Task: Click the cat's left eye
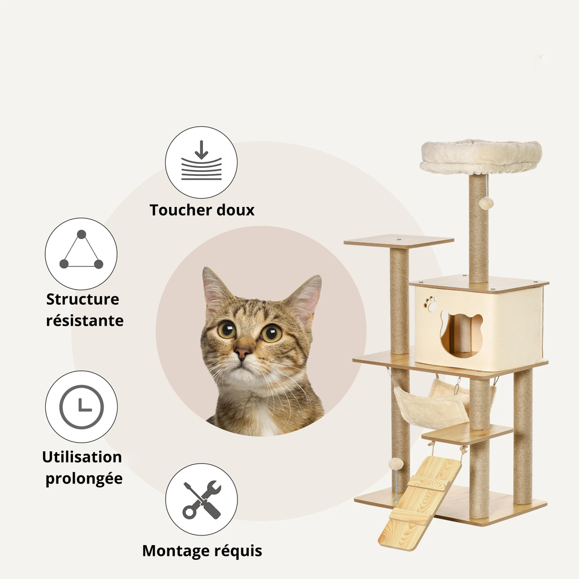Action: [x=227, y=329]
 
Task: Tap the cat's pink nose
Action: [x=243, y=353]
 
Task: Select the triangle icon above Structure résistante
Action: [x=81, y=253]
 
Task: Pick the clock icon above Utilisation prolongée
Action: [x=81, y=407]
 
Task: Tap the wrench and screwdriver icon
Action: [x=201, y=499]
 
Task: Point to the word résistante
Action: [x=84, y=321]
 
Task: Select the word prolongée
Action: [x=84, y=478]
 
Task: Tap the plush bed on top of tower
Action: [x=481, y=157]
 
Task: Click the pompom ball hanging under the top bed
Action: [x=486, y=203]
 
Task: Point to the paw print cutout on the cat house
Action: [x=431, y=304]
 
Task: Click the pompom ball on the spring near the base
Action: [x=395, y=464]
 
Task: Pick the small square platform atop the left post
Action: [x=399, y=241]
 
